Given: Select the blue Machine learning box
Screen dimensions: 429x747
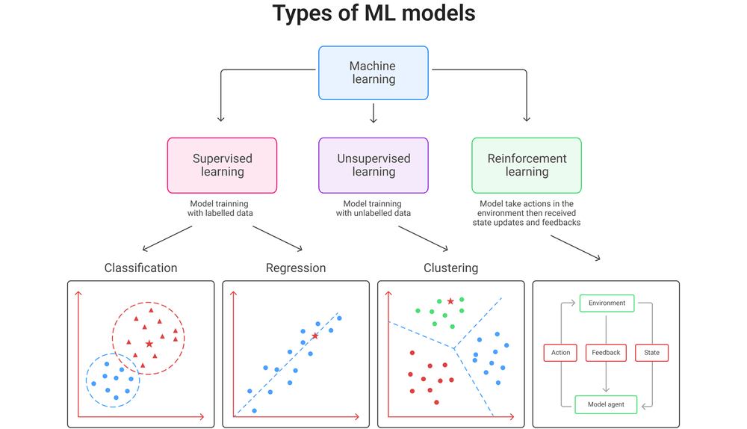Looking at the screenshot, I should click(x=373, y=72).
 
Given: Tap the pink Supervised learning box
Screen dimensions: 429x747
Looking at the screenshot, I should click(x=222, y=165).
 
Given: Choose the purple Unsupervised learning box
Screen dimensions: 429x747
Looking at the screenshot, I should click(x=373, y=165).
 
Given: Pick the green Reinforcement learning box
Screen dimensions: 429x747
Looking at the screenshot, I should click(x=527, y=165).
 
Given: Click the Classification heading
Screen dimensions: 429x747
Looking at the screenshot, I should click(x=140, y=268).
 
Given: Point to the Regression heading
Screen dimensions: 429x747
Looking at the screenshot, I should click(x=296, y=268).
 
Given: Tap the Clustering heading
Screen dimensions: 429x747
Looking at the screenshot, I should click(x=450, y=268).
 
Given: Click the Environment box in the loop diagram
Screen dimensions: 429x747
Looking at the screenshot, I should click(x=607, y=303).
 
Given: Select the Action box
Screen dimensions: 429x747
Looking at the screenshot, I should click(x=560, y=353).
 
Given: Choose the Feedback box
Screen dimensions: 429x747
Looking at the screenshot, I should click(x=606, y=353).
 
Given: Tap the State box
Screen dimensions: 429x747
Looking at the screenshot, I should click(x=651, y=353).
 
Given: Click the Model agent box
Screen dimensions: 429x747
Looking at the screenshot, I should click(x=606, y=405).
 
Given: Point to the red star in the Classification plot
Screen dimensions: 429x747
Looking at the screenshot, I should click(x=149, y=344).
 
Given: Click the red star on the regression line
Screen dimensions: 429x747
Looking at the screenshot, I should click(x=315, y=336).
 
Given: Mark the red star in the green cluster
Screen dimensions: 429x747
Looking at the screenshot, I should click(x=450, y=301).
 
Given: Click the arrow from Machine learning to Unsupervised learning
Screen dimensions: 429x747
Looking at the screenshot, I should click(x=373, y=113).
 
